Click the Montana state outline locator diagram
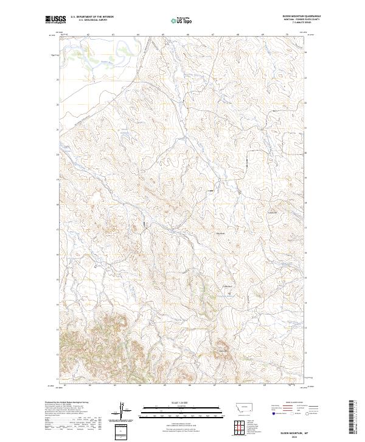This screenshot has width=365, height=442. (238, 408)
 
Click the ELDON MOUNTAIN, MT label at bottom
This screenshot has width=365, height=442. (301, 431)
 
